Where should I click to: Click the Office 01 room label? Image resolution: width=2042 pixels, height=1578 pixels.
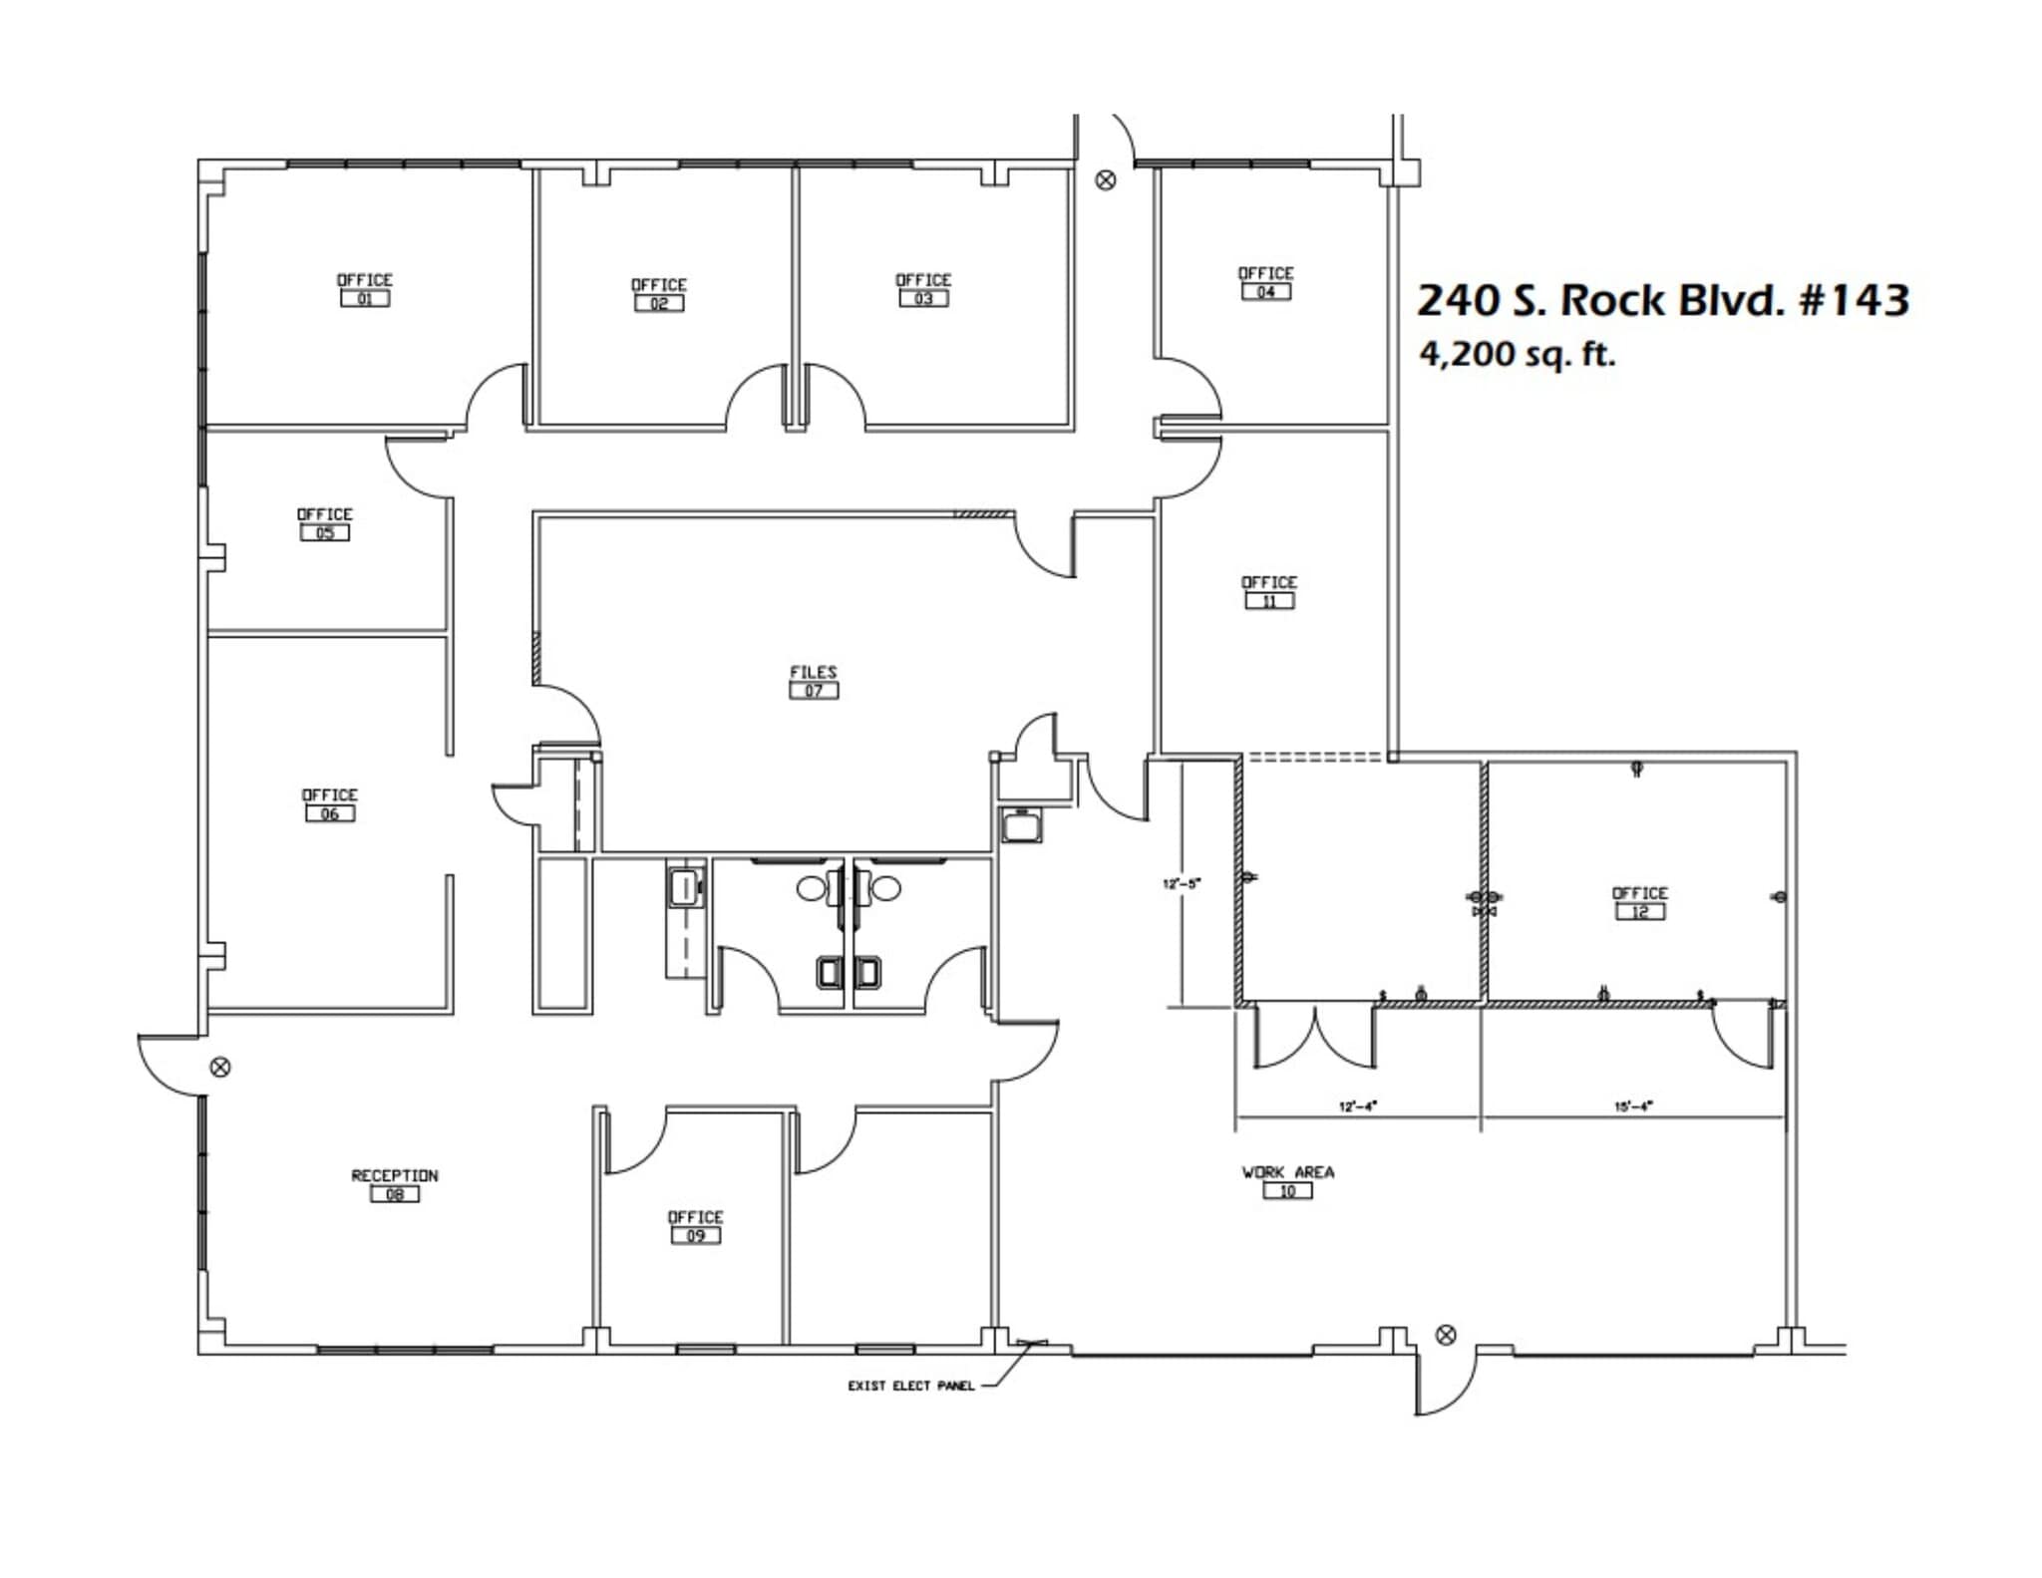(365, 289)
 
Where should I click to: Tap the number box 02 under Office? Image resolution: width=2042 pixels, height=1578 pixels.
(659, 303)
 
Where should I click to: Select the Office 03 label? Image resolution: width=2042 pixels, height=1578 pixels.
(923, 289)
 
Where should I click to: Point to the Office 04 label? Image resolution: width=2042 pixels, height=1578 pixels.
(1265, 282)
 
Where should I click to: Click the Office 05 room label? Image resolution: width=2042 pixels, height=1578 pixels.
(325, 523)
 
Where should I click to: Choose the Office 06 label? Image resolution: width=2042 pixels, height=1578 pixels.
(330, 804)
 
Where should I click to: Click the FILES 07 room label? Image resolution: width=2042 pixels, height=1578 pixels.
(814, 681)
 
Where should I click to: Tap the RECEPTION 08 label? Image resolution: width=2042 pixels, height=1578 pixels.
(395, 1184)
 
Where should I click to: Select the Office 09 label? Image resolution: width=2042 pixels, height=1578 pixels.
(695, 1226)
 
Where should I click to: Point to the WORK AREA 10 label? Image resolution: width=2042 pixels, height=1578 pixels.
(1287, 1181)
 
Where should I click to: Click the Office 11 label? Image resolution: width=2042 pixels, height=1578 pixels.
(1269, 591)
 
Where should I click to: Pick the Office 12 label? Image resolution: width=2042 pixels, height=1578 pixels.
(1640, 902)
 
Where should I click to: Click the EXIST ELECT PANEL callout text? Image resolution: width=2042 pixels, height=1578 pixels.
(911, 1386)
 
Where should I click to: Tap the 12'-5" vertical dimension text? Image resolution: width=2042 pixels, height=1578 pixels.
(1183, 883)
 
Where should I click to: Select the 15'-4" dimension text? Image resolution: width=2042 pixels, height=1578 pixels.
(1633, 1105)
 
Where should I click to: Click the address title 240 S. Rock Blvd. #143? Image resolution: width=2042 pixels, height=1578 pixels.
(1662, 299)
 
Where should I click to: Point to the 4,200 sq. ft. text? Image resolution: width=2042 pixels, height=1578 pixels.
(1517, 354)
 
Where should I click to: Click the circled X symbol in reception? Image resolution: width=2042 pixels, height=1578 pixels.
(221, 1068)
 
